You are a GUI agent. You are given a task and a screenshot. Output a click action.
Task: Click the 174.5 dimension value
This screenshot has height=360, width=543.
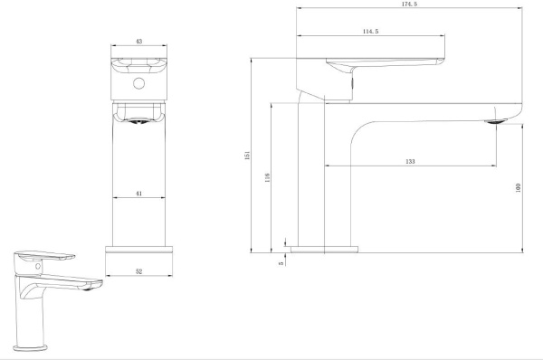[409, 5]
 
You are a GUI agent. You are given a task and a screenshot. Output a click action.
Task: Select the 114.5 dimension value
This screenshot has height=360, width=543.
[370, 32]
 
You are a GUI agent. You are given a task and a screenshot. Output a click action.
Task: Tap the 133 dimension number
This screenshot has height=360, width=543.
[410, 161]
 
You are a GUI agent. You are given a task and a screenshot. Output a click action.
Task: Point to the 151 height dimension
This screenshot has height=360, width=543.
[247, 155]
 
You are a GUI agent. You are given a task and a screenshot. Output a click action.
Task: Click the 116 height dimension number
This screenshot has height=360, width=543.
[267, 178]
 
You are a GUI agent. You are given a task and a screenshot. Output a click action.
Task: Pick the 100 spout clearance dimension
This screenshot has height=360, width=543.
[518, 188]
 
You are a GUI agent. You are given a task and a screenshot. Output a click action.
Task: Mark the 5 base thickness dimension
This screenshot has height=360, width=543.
[281, 263]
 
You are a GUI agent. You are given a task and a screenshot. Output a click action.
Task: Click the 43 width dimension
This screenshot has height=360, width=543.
[138, 42]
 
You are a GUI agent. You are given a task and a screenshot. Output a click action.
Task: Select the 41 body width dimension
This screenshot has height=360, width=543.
[138, 194]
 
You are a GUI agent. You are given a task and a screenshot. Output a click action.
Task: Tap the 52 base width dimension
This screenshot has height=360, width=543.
[138, 271]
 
